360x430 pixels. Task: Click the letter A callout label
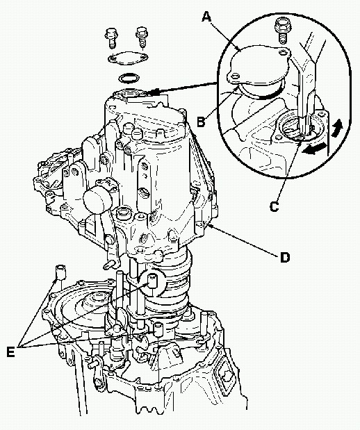click(x=207, y=17)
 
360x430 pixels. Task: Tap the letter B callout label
click(x=201, y=122)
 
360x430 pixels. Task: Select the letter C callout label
click(x=274, y=206)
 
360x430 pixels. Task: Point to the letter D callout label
click(x=284, y=258)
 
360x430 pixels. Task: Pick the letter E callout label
click(x=10, y=352)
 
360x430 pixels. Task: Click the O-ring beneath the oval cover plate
click(x=129, y=78)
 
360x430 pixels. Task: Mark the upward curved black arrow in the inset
click(x=336, y=128)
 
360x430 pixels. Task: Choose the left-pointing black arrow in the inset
click(x=314, y=149)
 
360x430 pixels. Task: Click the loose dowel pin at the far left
click(x=60, y=272)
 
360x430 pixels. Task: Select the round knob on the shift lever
click(x=97, y=199)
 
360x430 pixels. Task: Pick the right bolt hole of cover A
click(x=282, y=52)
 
